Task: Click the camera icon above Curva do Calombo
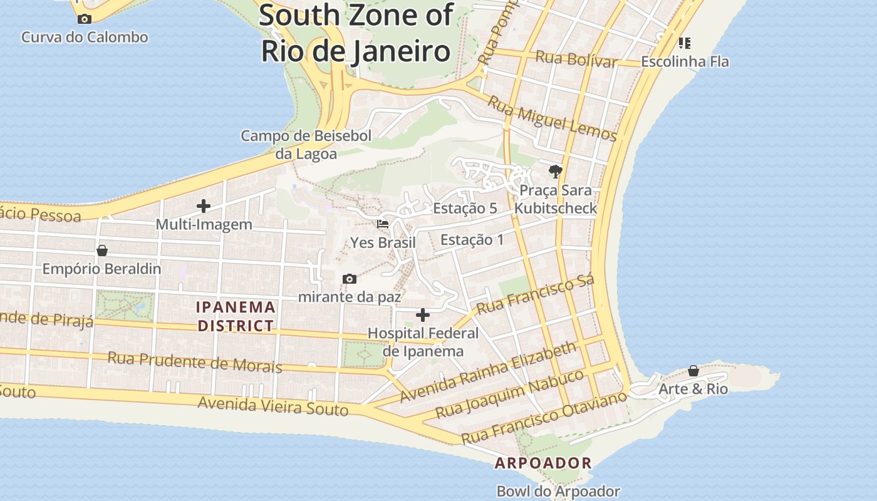[x=85, y=19]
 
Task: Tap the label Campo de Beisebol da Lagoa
[x=306, y=145]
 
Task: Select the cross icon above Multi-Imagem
[x=204, y=205]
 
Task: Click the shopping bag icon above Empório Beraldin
[x=102, y=250]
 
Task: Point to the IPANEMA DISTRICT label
[x=236, y=316]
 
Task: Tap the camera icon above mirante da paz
[x=350, y=279]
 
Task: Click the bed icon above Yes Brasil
[x=383, y=224]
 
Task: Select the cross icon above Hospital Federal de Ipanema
[x=423, y=314]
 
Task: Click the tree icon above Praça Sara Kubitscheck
[x=555, y=171]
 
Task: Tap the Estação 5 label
[x=465, y=209]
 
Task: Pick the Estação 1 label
[x=472, y=240]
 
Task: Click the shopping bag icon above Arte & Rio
[x=693, y=371]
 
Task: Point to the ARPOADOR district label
[x=543, y=463]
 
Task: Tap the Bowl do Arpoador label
[x=558, y=492]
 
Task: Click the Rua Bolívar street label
[x=576, y=59]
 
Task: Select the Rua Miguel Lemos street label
[x=552, y=119]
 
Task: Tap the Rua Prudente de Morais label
[x=195, y=362]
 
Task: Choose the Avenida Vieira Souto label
[x=272, y=406]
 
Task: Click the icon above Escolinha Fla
[x=685, y=43]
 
